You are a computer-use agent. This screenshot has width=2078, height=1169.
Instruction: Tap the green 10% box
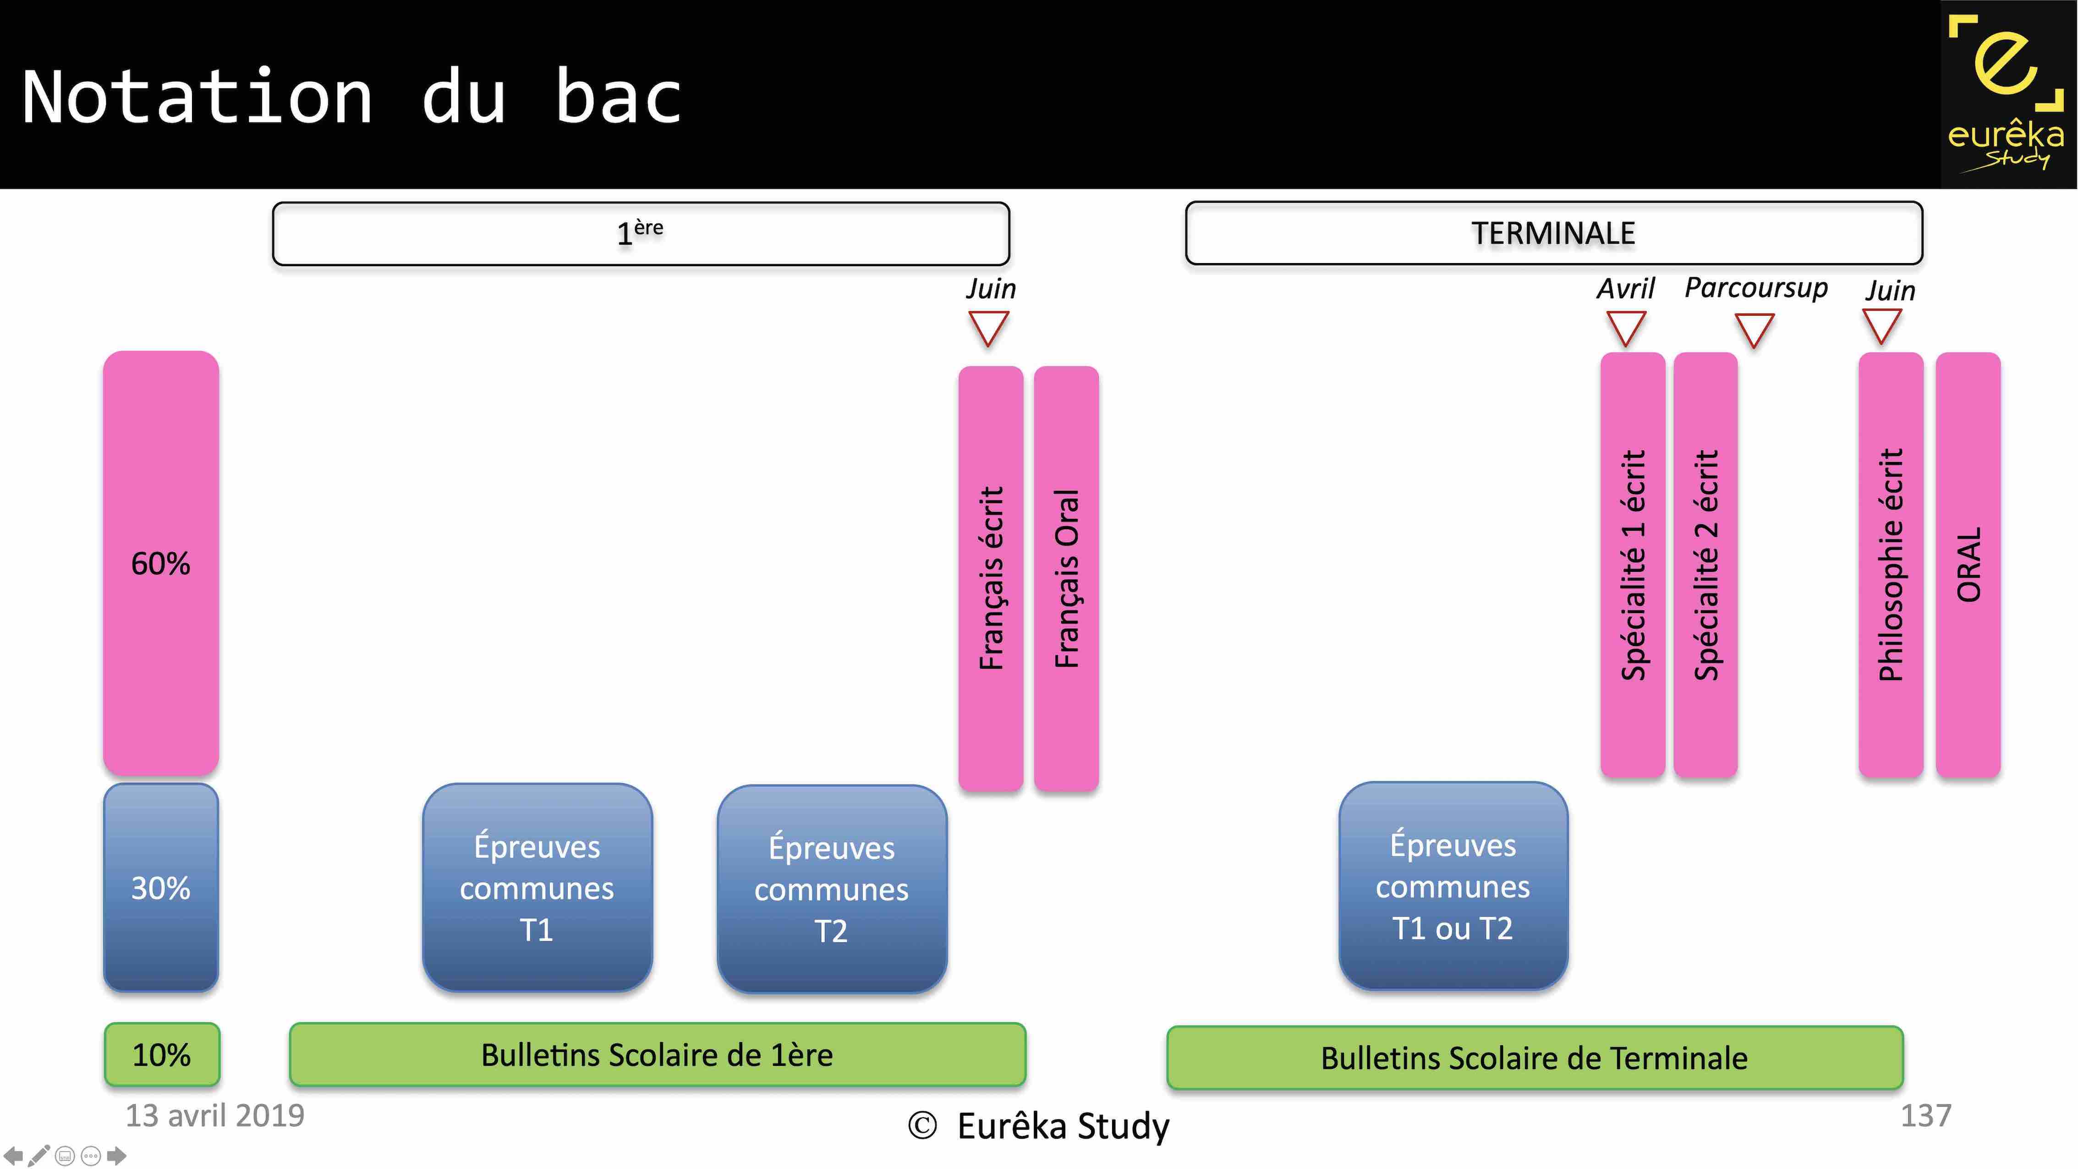pyautogui.click(x=161, y=1054)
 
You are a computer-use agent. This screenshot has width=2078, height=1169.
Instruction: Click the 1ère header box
pyautogui.click(x=641, y=233)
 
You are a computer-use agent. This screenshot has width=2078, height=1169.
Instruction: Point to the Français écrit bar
pyautogui.click(x=991, y=578)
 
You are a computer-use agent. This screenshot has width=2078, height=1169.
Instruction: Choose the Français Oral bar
pyautogui.click(x=1066, y=578)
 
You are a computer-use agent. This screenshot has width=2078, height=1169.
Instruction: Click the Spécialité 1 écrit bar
pyautogui.click(x=1632, y=565)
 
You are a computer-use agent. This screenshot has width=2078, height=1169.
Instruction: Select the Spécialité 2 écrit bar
pyautogui.click(x=1705, y=565)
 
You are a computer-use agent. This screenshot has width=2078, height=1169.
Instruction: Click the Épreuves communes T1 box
pyautogui.click(x=537, y=888)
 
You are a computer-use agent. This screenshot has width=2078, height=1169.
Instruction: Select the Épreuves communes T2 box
pyautogui.click(x=832, y=889)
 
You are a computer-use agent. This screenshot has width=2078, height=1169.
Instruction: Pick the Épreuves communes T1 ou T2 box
pyautogui.click(x=1453, y=886)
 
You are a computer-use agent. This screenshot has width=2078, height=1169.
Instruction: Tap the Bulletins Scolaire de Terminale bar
pyautogui.click(x=1534, y=1058)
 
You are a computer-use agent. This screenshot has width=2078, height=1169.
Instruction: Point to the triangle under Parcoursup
pyautogui.click(x=1754, y=329)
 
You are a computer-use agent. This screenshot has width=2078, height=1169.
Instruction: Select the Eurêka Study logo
pyautogui.click(x=2007, y=94)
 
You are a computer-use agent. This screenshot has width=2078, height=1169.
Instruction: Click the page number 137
pyautogui.click(x=1925, y=1116)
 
